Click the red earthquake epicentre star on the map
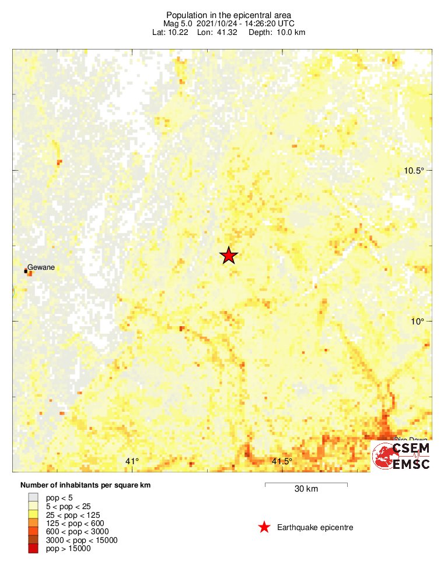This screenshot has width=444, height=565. pyautogui.click(x=229, y=255)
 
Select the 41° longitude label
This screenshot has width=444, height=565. pyautogui.click(x=132, y=461)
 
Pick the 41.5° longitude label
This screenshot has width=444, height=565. pyautogui.click(x=282, y=461)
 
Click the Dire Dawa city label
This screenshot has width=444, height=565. pyautogui.click(x=411, y=440)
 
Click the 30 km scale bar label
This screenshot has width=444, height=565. pyautogui.click(x=306, y=489)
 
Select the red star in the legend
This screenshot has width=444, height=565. pyautogui.click(x=264, y=528)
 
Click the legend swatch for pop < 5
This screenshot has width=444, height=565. pyautogui.click(x=34, y=497)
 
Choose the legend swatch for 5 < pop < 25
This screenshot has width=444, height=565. pyautogui.click(x=34, y=506)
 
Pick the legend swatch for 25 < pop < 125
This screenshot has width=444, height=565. pyautogui.click(x=34, y=514)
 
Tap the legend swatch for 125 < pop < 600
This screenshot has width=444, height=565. pyautogui.click(x=34, y=523)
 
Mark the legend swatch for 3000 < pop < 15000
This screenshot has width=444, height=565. pyautogui.click(x=34, y=540)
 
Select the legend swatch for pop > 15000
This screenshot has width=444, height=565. pyautogui.click(x=34, y=548)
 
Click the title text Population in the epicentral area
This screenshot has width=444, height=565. pyautogui.click(x=228, y=15)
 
